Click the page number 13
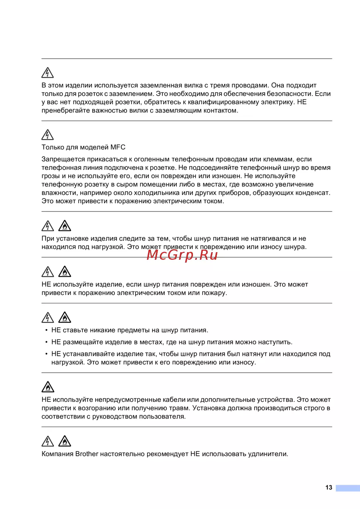(x=329, y=487)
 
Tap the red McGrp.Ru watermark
(x=183, y=255)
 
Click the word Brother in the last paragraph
(x=87, y=454)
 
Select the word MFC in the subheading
(x=118, y=147)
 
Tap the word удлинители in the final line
(x=268, y=454)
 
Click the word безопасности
(x=290, y=94)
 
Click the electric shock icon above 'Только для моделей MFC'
(x=48, y=135)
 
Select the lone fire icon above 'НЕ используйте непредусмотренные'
(x=48, y=387)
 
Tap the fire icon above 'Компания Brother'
(x=65, y=441)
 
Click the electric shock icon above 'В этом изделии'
(x=48, y=73)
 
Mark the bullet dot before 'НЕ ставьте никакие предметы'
(x=46, y=330)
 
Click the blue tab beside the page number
(x=348, y=488)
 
